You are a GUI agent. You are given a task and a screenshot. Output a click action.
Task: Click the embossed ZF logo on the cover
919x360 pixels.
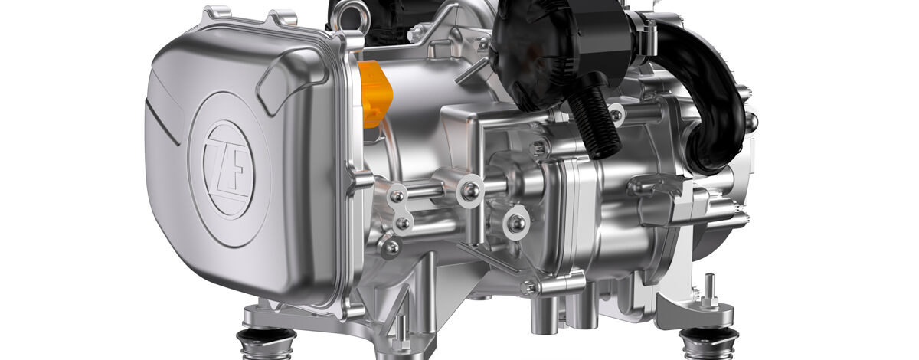[x=227, y=165]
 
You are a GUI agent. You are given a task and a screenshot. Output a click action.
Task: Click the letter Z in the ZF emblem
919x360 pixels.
[x=219, y=163]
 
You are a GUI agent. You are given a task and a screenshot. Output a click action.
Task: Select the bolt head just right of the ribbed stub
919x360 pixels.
[x=616, y=116]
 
